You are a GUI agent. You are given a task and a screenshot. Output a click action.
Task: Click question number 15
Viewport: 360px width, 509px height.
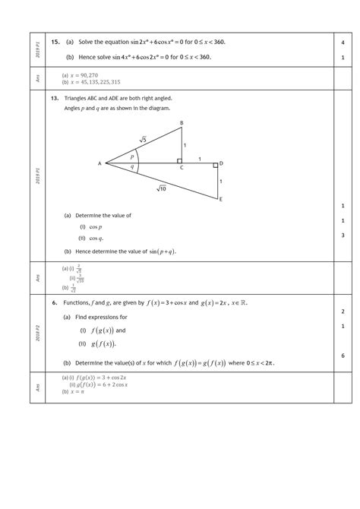coord(55,43)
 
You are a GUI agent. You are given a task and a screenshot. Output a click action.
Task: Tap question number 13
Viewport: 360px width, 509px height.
coord(55,99)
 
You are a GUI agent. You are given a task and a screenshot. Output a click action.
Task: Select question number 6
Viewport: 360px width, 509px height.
coord(55,302)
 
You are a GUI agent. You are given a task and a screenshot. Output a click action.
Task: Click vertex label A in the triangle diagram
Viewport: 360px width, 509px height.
coord(99,163)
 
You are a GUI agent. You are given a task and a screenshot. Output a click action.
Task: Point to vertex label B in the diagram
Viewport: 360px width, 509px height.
coord(181,123)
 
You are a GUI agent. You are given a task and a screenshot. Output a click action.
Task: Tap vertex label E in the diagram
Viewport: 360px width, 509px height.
coord(220,200)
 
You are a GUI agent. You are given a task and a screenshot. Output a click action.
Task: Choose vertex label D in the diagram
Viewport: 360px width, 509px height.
coord(221,163)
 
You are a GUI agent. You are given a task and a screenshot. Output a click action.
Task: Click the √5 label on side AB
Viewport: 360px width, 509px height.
coord(142,139)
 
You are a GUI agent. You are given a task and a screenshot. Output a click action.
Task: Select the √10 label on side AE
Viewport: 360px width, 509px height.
coord(162,188)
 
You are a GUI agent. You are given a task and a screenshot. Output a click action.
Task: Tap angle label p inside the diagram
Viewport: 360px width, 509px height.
coord(131,156)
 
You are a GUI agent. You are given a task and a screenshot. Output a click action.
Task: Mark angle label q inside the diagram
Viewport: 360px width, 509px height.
coord(131,167)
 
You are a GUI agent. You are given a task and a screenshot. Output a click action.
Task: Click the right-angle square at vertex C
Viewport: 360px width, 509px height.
coord(179,161)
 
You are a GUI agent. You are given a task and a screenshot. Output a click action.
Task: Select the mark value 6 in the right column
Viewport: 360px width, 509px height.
coord(343,356)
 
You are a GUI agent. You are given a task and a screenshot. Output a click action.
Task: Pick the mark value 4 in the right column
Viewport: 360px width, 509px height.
coord(343,43)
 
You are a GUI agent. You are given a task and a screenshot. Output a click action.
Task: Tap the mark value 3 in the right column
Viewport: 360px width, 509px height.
coord(343,236)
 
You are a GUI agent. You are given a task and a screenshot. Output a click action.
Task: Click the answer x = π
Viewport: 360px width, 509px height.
coord(73,391)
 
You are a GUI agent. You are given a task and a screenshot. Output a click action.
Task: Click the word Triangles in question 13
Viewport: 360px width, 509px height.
coord(77,99)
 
